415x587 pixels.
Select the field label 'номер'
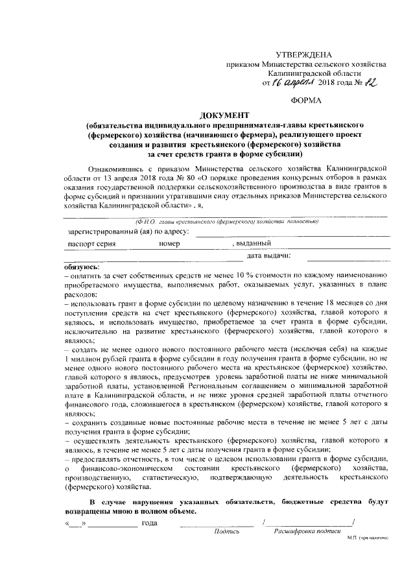click(169, 244)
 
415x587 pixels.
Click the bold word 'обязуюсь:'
click(82, 266)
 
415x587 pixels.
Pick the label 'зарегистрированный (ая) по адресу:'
click(128, 232)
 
